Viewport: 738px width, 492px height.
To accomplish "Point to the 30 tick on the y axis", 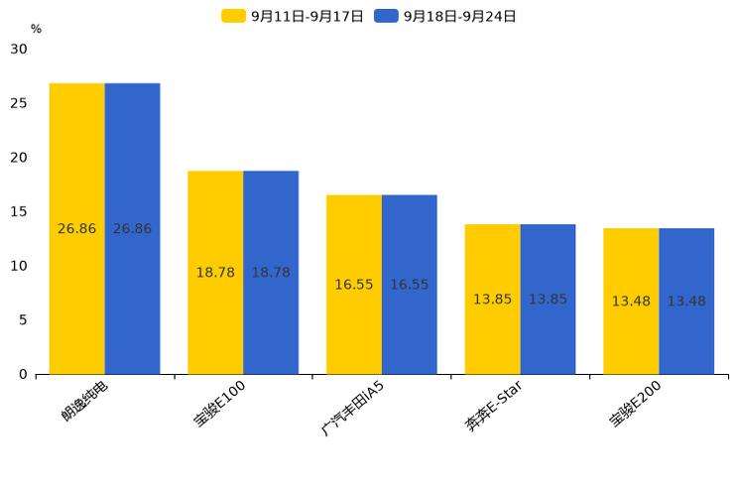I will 20,50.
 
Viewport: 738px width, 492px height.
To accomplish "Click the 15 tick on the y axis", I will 20,211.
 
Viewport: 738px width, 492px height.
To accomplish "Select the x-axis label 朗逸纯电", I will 85,401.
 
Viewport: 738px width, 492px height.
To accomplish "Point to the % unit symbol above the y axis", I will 36,30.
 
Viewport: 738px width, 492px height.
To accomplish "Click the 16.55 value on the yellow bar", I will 354,285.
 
